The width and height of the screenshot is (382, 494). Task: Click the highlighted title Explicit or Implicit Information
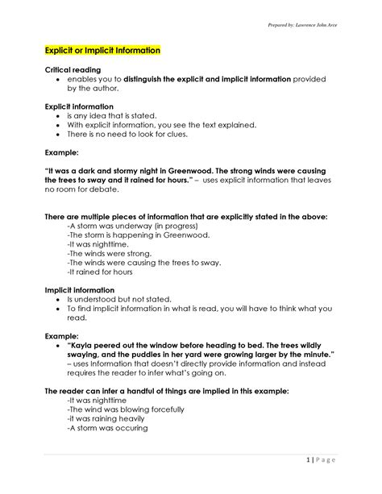coord(102,50)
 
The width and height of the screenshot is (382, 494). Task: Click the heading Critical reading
coord(73,70)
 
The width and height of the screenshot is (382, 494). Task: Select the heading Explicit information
coord(79,106)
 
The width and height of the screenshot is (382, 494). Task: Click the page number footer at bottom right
coord(326,459)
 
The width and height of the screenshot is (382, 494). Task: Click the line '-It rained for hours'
coord(98,272)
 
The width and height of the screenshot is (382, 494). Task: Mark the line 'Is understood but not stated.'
coord(120,299)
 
